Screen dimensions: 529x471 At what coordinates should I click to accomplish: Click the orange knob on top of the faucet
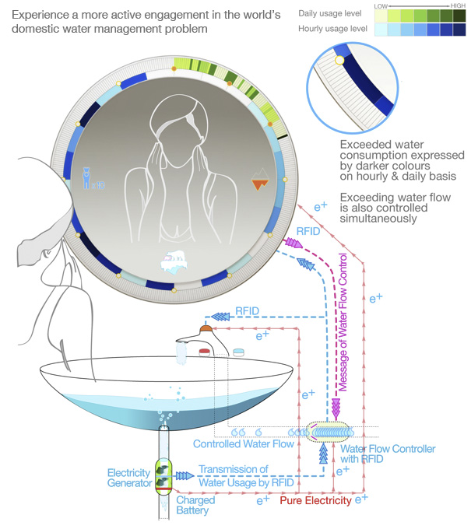[206, 328]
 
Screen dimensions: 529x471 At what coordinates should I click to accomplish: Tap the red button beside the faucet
[205, 352]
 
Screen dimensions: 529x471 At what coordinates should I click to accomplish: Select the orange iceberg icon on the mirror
[260, 184]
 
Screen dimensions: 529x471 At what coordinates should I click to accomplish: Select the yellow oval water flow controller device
[330, 432]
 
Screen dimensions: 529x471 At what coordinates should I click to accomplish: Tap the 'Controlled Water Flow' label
[243, 445]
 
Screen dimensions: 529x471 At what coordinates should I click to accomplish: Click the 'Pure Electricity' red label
[316, 501]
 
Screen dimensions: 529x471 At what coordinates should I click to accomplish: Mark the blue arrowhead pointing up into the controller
[325, 455]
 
